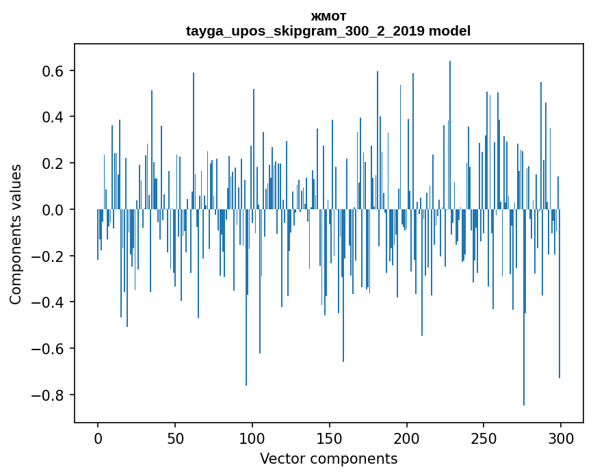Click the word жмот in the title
pyautogui.click(x=328, y=17)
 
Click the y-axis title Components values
pyautogui.click(x=16, y=234)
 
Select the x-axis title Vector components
pyautogui.click(x=328, y=459)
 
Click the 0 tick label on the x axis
pyautogui.click(x=98, y=438)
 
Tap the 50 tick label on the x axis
pyautogui.click(x=175, y=438)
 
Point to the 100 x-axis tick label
pyautogui.click(x=252, y=438)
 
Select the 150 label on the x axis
pyautogui.click(x=330, y=438)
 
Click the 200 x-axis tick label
pyautogui.click(x=407, y=438)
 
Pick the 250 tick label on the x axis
pyautogui.click(x=484, y=438)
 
